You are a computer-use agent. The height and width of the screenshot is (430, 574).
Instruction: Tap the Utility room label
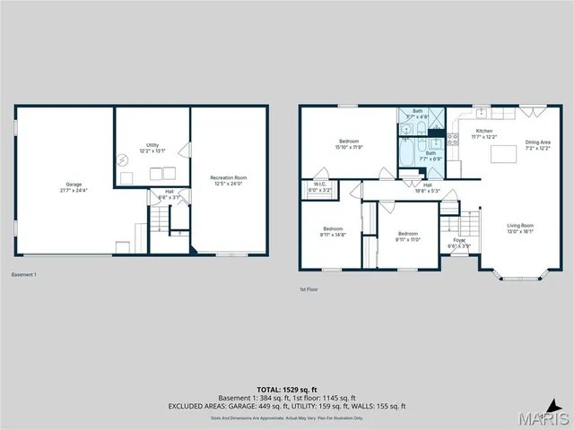click(152, 147)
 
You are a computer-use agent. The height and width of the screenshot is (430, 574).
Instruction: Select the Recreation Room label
click(229, 181)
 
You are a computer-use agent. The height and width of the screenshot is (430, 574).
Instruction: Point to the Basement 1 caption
click(24, 274)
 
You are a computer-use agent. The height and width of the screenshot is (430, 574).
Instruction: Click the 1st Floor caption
click(309, 289)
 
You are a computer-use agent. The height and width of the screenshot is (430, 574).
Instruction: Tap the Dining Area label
click(538, 145)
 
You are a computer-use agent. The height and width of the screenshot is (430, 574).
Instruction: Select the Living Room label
click(520, 228)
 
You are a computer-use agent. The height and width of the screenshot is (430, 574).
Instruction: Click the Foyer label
click(459, 243)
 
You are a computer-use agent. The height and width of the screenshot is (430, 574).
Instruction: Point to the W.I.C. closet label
click(319, 187)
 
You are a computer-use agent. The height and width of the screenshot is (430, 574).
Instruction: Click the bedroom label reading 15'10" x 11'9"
click(349, 144)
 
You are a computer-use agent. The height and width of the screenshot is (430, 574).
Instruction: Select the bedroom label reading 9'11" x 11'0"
click(407, 236)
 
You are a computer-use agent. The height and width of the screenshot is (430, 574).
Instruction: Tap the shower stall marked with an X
click(437, 117)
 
